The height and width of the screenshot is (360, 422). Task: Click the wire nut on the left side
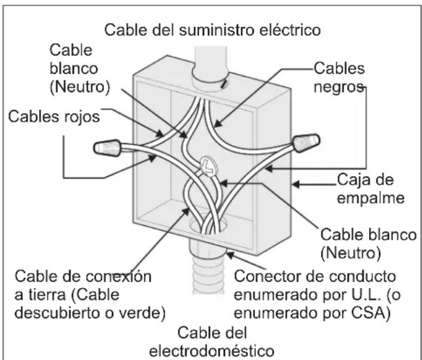107,147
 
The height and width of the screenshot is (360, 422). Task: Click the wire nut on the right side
306,143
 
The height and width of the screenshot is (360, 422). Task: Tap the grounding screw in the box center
208,167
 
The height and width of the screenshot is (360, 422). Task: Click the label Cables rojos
54,117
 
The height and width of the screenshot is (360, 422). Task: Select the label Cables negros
339,77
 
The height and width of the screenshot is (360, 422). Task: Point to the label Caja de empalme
370,189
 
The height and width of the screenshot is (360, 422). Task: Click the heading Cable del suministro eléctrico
213,30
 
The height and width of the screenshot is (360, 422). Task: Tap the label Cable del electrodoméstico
212,342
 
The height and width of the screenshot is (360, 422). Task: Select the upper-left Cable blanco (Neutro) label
80,69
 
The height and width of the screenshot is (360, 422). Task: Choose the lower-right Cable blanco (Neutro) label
368,244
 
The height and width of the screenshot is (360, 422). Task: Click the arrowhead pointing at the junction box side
296,185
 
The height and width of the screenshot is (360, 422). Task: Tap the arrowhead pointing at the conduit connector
230,255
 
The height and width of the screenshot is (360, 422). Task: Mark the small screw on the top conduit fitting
224,85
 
